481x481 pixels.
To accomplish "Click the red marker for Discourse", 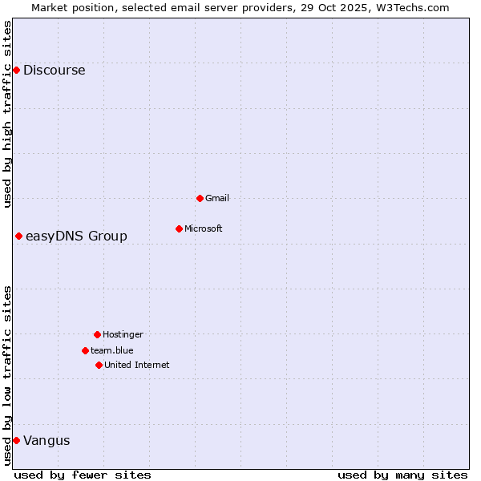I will coord(16,71).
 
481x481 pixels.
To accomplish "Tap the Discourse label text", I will coord(54,71).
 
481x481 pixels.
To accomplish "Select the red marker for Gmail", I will coord(200,198).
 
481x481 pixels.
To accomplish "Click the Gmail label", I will coord(217,198).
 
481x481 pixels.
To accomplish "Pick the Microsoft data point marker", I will coord(179,228).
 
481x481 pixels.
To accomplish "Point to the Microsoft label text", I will coord(204,228).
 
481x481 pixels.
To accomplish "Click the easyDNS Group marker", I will coord(18,236).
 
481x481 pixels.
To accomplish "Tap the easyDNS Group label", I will coord(76,236).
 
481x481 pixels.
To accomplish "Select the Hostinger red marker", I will coord(97,334).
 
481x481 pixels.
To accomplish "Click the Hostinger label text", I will coord(123,334).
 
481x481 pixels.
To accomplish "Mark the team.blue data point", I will coord(85,350).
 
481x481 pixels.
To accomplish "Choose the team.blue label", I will coord(112,350).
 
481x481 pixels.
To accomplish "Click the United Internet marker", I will coord(99,365).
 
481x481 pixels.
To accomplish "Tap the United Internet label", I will coord(137,365).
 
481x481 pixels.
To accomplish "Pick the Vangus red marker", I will coord(16,440).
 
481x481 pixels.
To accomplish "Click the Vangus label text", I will coord(46,440).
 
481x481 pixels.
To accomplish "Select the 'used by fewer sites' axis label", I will coord(83,475).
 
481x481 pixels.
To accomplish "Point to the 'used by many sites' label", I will coord(402,475).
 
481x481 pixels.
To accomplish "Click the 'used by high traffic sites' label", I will coord(7,114).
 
